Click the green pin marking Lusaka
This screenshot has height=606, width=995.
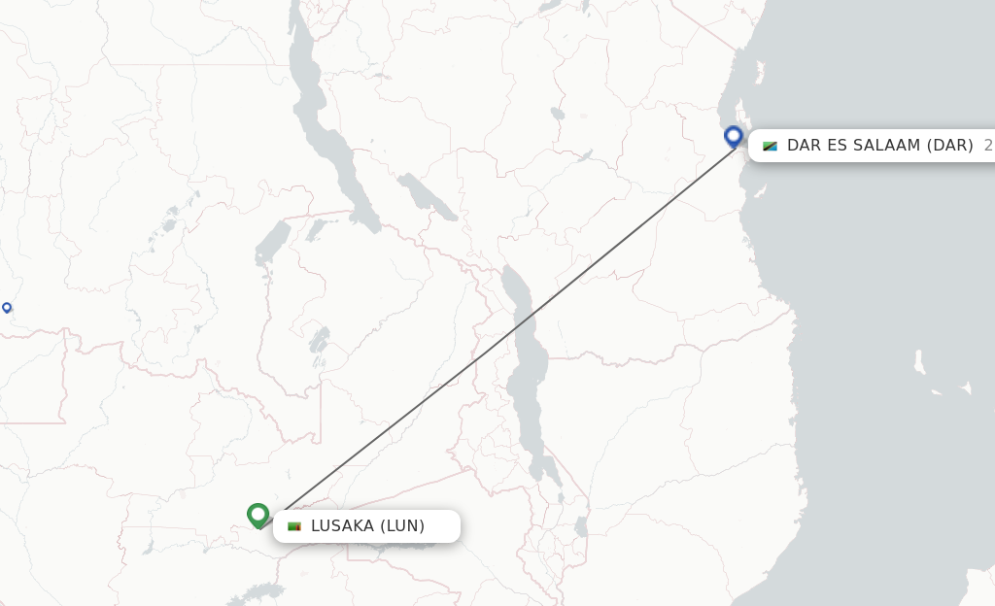coord(257,514)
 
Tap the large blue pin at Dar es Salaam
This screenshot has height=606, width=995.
coord(734,136)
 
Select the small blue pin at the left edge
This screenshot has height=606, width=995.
coord(7,308)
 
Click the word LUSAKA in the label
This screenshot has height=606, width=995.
coord(342,526)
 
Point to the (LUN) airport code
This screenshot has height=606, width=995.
coord(402,526)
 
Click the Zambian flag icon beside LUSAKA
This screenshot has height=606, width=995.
coord(294,526)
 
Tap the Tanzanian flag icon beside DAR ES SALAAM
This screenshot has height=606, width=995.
coord(770,146)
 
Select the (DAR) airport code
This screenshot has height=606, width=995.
coord(949,146)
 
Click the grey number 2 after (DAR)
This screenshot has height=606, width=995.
coord(987,146)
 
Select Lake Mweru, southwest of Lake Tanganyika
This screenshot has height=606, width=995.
coord(272,243)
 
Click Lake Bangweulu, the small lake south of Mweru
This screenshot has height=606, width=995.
coord(318,340)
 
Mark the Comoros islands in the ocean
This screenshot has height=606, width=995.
coord(919,363)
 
